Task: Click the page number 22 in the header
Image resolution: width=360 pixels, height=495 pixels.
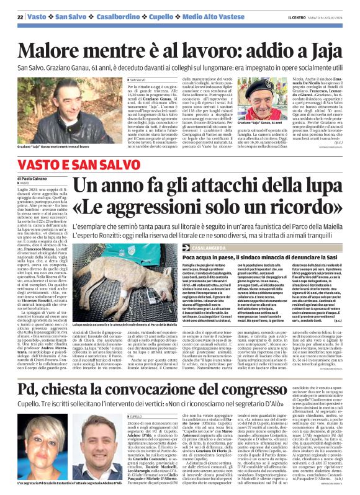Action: tap(20, 16)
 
